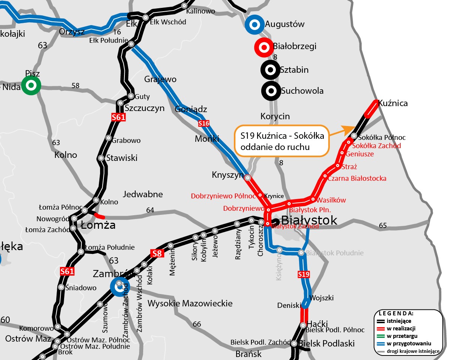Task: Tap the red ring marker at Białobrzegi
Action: [x=263, y=47]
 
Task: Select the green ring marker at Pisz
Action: [x=31, y=85]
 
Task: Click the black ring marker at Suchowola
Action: [x=271, y=90]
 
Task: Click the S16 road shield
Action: [x=204, y=123]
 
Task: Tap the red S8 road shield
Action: [x=157, y=253]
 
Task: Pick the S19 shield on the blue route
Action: [x=304, y=274]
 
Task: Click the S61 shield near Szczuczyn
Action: [x=118, y=117]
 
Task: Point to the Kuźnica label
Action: [x=393, y=103]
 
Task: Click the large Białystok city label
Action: [x=309, y=220]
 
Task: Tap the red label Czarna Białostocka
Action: [x=357, y=178]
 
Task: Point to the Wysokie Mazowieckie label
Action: [x=190, y=303]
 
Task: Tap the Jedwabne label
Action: [x=143, y=194]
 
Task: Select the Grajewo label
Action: [x=160, y=79]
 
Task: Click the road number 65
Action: [x=383, y=225]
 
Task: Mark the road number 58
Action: [x=75, y=85]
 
